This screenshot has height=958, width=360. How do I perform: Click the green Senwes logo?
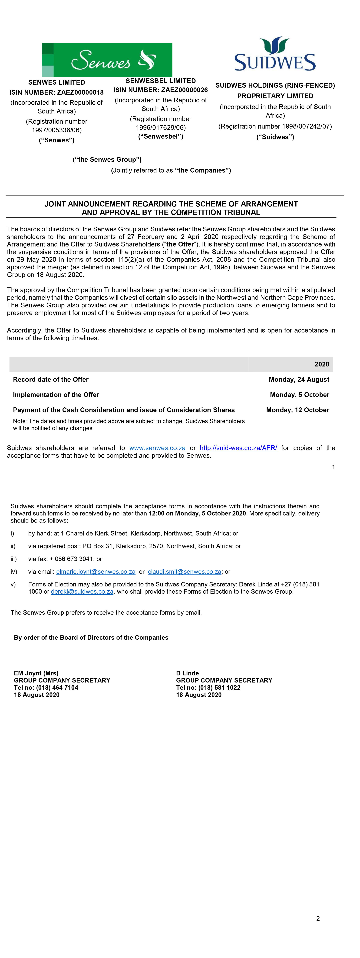pyautogui.click(x=107, y=60)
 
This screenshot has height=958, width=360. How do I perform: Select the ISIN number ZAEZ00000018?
pyautogui.click(x=80, y=92)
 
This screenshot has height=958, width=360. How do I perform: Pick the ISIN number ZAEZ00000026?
pyautogui.click(x=184, y=90)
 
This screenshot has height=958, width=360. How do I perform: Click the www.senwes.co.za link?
pyautogui.click(x=157, y=448)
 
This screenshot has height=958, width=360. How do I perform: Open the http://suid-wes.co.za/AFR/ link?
pyautogui.click(x=238, y=448)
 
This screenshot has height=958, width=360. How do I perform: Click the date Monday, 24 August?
pyautogui.click(x=299, y=380)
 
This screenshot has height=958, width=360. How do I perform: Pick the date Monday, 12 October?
pyautogui.click(x=297, y=410)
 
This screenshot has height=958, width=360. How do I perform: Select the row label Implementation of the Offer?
pyautogui.click(x=56, y=395)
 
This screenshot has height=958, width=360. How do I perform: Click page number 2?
pyautogui.click(x=318, y=919)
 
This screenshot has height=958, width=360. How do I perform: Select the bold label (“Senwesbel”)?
pyautogui.click(x=161, y=136)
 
